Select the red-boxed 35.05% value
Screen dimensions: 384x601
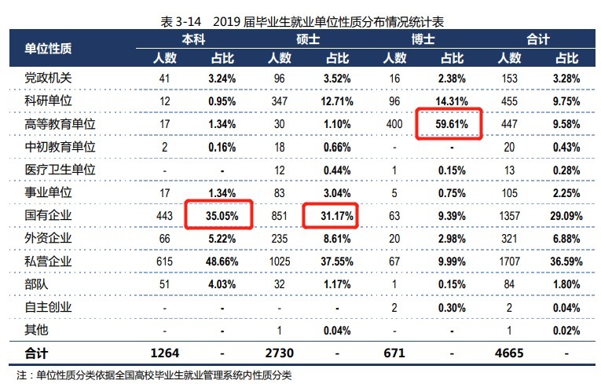tap(218, 213)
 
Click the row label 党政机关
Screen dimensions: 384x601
tap(49, 79)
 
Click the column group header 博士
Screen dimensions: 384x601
tap(423, 38)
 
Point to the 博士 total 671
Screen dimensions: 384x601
tap(394, 352)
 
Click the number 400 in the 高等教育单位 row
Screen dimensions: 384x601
tap(394, 123)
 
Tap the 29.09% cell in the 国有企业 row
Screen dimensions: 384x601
tap(566, 213)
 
